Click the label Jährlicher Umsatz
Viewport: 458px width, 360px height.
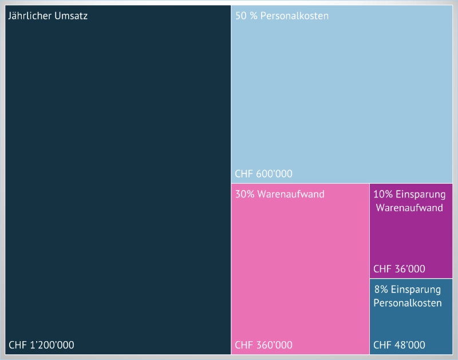48,16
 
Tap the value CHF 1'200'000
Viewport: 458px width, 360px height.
41,345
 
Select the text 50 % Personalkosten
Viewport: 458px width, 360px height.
282,16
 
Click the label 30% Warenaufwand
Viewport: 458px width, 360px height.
279,194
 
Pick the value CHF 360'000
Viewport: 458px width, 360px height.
263,345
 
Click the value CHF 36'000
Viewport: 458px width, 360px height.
399,269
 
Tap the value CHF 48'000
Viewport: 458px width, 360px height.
399,345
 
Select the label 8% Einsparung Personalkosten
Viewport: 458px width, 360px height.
408,296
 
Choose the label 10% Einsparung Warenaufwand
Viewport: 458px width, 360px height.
409,201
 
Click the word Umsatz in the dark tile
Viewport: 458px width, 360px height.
72,16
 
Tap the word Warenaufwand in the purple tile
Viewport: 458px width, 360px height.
409,208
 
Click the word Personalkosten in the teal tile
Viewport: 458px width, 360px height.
408,303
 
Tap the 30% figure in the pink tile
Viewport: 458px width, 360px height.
245,194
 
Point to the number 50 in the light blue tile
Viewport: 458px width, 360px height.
241,16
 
